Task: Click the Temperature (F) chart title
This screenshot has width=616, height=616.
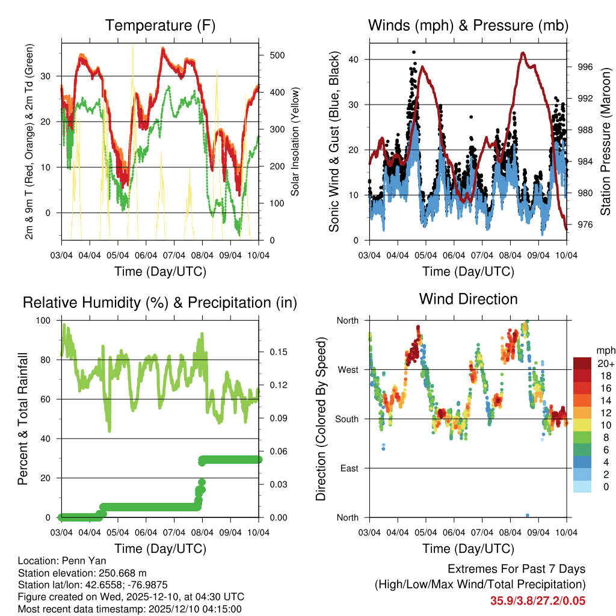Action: click(x=160, y=25)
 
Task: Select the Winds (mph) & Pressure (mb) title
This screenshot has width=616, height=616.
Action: click(x=468, y=25)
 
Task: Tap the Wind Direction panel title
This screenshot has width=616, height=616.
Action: click(x=468, y=299)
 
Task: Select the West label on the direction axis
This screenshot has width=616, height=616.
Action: click(x=347, y=369)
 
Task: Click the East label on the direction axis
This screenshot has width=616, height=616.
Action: click(x=348, y=468)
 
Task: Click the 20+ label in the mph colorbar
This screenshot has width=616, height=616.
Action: click(x=605, y=363)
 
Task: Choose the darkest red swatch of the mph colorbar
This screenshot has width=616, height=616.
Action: click(x=582, y=363)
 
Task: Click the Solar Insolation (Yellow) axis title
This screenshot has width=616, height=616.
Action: click(x=295, y=142)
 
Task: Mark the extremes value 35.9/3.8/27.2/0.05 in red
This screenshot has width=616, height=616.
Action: click(x=538, y=601)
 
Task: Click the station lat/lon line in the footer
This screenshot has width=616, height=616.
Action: click(x=93, y=584)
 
